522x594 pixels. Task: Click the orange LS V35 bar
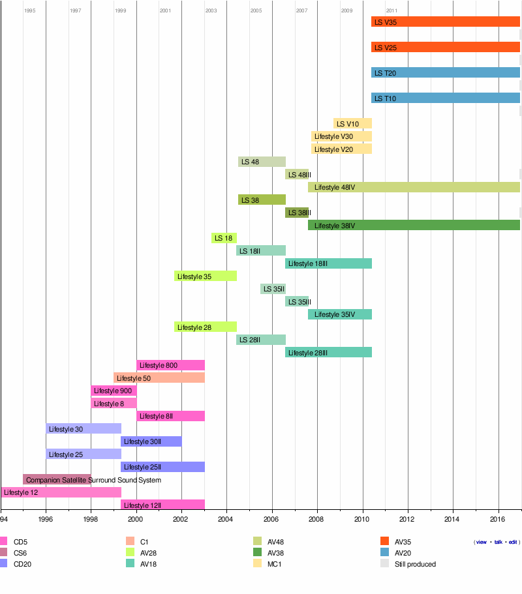click(446, 22)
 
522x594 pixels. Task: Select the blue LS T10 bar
click(446, 98)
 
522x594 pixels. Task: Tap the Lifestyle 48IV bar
click(414, 188)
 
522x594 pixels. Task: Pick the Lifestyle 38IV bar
click(414, 226)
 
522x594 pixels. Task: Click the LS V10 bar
click(352, 124)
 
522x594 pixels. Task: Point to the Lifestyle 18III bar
click(328, 263)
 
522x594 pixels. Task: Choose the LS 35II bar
click(273, 289)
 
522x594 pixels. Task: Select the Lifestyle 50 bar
click(159, 378)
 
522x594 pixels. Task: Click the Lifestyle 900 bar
click(114, 391)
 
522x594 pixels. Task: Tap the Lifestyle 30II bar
click(151, 441)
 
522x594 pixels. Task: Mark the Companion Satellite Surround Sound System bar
click(57, 480)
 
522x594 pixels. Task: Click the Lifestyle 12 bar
click(61, 492)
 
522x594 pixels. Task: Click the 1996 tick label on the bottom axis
click(46, 520)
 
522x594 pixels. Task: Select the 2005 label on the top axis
click(256, 11)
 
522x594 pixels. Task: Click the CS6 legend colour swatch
click(3, 553)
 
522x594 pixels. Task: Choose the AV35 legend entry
click(403, 542)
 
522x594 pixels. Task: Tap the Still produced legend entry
click(414, 564)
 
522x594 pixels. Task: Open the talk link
click(499, 542)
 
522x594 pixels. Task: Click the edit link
click(513, 542)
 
